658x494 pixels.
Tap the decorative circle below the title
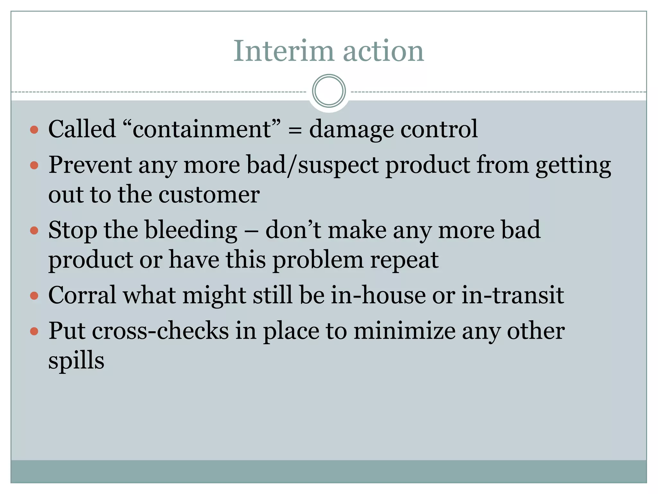pyautogui.click(x=329, y=91)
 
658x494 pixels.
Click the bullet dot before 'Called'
pyautogui.click(x=34, y=130)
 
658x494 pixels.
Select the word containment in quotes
pyautogui.click(x=202, y=129)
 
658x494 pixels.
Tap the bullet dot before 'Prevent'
pyautogui.click(x=34, y=166)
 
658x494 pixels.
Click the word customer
pyautogui.click(x=209, y=195)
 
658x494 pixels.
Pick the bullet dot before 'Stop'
pyautogui.click(x=34, y=231)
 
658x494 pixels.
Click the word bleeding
pyautogui.click(x=191, y=231)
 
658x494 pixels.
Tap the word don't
pyautogui.click(x=293, y=230)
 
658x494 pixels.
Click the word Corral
pyautogui.click(x=82, y=295)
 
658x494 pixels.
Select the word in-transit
pyautogui.click(x=513, y=295)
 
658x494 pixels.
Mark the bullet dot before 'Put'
pyautogui.click(x=34, y=331)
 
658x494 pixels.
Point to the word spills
pyautogui.click(x=76, y=361)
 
